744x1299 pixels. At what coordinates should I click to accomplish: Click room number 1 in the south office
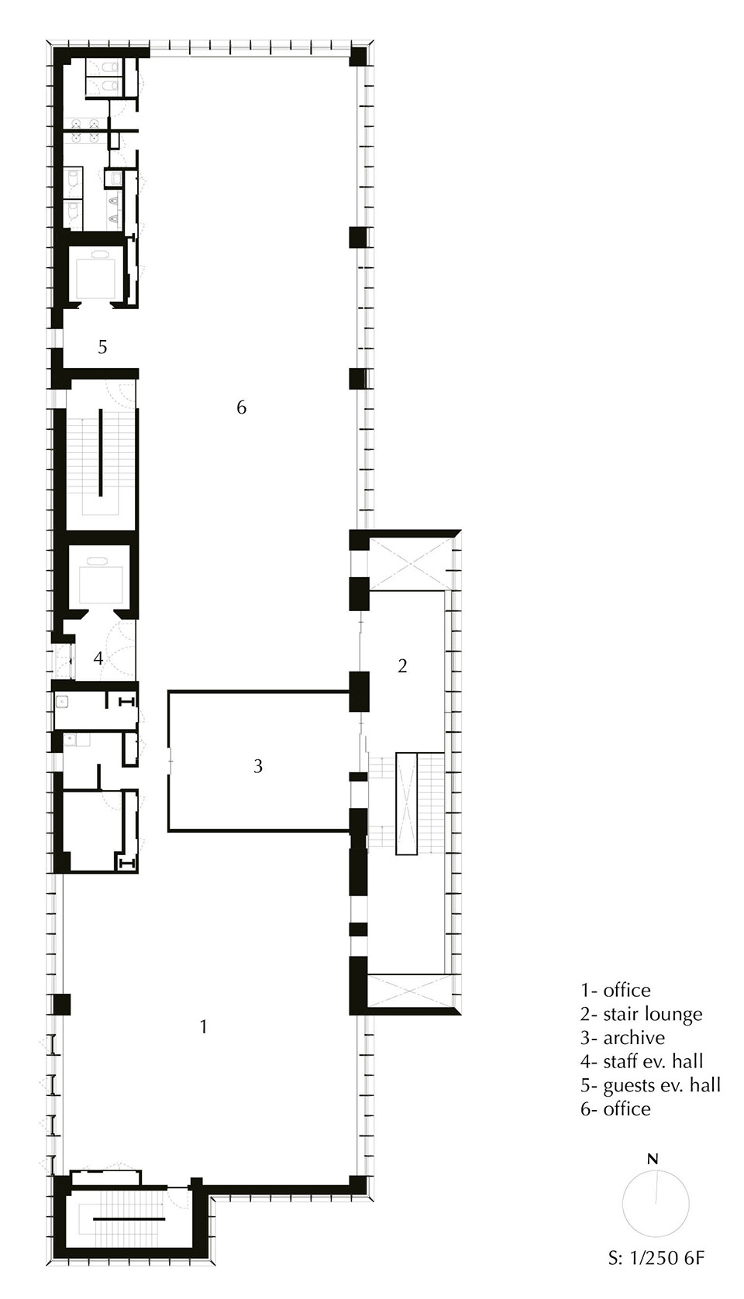(203, 1026)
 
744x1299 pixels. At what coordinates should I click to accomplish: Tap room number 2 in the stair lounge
(402, 665)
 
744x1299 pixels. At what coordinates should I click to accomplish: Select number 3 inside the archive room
(258, 766)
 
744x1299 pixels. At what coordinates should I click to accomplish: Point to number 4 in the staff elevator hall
(98, 658)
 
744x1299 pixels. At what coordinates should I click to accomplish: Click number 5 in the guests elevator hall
(102, 347)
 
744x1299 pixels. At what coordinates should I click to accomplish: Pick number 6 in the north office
(241, 407)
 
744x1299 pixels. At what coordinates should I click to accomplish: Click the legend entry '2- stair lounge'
(641, 1014)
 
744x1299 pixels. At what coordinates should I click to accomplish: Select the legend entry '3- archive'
(622, 1037)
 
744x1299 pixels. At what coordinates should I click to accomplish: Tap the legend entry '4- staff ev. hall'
(642, 1061)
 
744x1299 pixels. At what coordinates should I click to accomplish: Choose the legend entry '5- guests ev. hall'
(650, 1084)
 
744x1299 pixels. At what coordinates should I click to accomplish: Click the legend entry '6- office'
(615, 1108)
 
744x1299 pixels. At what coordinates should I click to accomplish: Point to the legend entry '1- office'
(615, 990)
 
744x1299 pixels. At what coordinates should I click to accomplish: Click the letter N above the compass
(653, 1160)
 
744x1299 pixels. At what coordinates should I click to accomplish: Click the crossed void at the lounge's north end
(408, 561)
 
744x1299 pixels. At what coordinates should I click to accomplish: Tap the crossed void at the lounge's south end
(408, 991)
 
